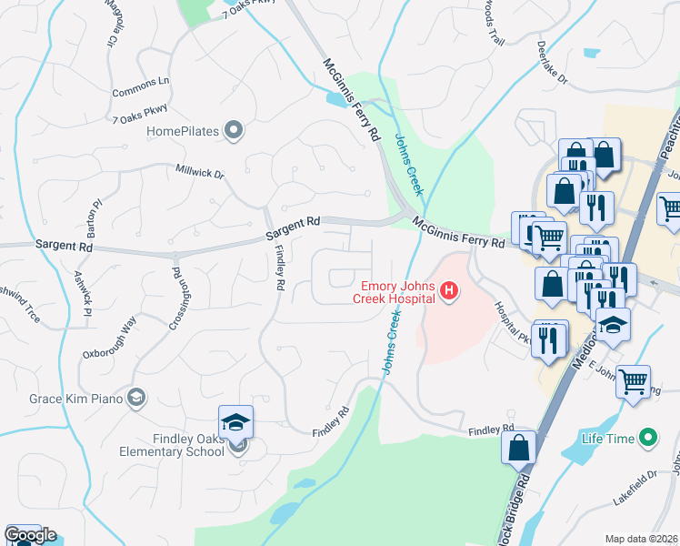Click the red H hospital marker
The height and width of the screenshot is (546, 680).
(x=448, y=291)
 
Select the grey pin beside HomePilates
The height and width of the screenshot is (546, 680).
(x=234, y=131)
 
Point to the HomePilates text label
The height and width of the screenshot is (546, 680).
(x=183, y=132)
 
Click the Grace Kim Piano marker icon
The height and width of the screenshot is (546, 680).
(x=136, y=397)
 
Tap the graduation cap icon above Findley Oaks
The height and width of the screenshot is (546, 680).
(x=235, y=422)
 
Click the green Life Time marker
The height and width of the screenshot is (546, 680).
(x=647, y=439)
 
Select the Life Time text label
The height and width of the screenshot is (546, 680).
(x=608, y=439)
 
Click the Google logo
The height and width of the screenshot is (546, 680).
(x=30, y=535)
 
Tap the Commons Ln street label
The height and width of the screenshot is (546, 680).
(x=141, y=87)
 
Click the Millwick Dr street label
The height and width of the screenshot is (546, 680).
(x=200, y=171)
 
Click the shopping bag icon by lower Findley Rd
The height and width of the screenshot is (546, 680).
(x=518, y=448)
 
